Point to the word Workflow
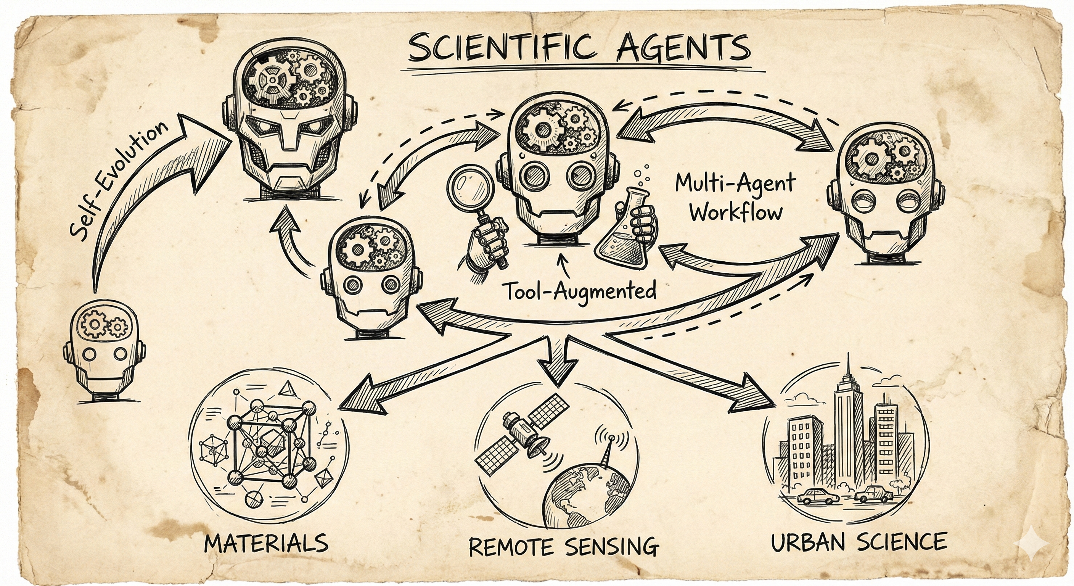click(735, 213)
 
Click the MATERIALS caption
click(267, 542)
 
